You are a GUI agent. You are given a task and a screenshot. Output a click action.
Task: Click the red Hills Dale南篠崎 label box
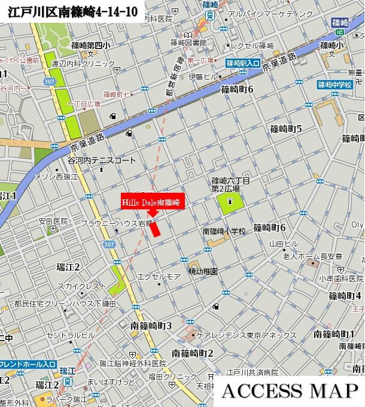tap(152, 202)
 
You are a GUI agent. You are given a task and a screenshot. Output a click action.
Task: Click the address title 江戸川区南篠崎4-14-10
tap(71, 10)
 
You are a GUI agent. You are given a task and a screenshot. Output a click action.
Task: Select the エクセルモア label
tap(159, 276)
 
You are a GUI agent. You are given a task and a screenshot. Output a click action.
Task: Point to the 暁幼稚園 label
tap(203, 271)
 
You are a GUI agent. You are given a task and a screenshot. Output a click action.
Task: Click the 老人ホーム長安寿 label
tap(312, 256)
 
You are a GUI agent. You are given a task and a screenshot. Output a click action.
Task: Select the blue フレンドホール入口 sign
tap(28, 364)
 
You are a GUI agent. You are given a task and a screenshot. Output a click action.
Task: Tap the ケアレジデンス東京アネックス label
tap(247, 335)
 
